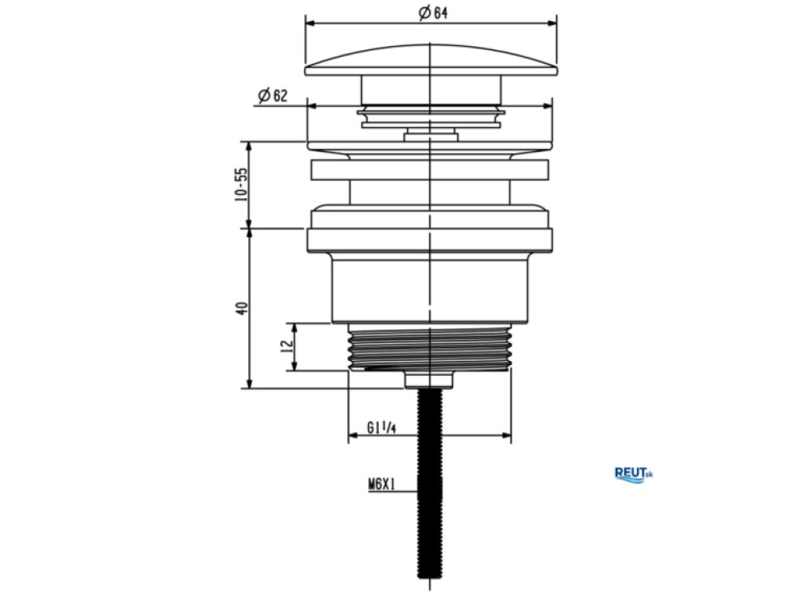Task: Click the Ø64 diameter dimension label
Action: point(433,13)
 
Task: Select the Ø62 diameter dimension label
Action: point(273,96)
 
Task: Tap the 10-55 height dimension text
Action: point(242,185)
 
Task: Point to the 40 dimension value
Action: point(243,308)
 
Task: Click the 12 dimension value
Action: point(287,346)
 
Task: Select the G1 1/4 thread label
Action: point(381,428)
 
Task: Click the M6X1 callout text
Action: point(381,485)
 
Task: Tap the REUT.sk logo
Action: point(633,474)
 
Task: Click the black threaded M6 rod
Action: point(430,482)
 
